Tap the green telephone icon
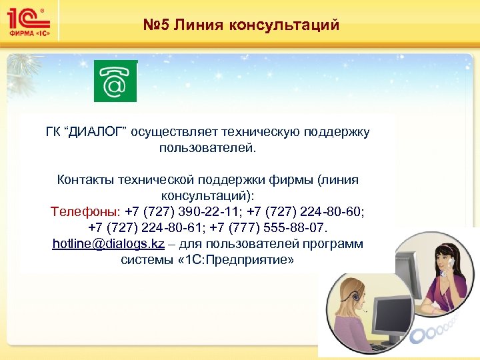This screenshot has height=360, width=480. pyautogui.click(x=115, y=81)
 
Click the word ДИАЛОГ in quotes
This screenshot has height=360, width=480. pyautogui.click(x=93, y=131)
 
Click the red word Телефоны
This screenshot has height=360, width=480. pyautogui.click(x=85, y=212)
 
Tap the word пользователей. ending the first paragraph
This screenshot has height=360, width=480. pyautogui.click(x=207, y=147)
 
